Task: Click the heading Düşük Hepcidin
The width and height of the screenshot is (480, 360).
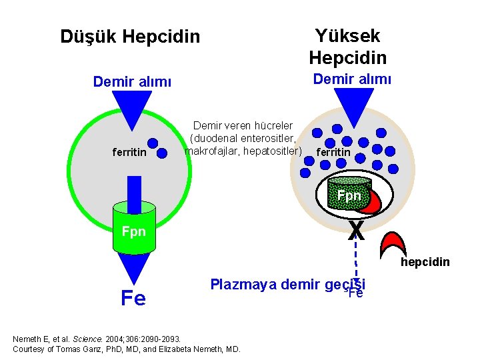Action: pos(130,36)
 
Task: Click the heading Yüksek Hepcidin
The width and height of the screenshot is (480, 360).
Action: pos(347,46)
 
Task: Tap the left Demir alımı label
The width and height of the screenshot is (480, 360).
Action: pos(132,82)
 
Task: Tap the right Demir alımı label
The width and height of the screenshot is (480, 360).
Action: pos(352,79)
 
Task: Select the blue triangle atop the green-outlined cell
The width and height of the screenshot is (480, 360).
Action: pos(132,107)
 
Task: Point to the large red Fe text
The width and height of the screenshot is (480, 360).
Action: pos(133,298)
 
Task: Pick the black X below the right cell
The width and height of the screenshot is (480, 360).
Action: pos(356,231)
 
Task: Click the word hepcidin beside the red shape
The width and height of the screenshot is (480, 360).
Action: pos(425,262)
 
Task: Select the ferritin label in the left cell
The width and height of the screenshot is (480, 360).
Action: pos(130,153)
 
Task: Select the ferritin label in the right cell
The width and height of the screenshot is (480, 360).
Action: pos(333,153)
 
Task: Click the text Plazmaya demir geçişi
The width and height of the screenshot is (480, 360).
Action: pos(287,285)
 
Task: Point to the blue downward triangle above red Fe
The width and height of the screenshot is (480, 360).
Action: pos(133,268)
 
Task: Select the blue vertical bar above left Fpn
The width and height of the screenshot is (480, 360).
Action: pos(134,189)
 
